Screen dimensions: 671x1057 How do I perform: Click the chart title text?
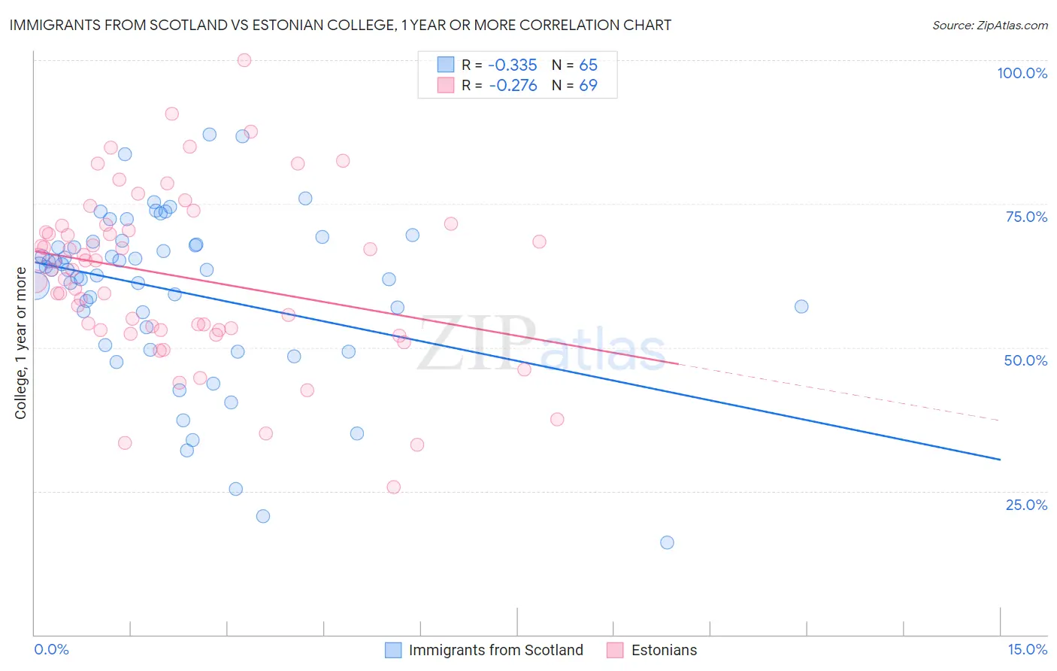coord(341,26)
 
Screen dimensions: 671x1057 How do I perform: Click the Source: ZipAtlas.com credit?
coord(989,26)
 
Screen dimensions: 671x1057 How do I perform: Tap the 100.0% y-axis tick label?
coord(1022,73)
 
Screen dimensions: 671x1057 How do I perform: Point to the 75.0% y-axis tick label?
coord(1026,217)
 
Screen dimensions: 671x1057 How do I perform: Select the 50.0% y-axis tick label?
coord(1025,360)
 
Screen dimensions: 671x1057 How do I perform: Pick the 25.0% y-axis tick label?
coord(1026,505)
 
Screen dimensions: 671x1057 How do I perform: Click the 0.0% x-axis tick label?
coord(51,649)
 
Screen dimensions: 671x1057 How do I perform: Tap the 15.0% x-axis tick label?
coord(1027,649)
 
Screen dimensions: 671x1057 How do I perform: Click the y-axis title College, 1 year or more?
coord(21,343)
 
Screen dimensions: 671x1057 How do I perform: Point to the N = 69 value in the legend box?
coord(574,86)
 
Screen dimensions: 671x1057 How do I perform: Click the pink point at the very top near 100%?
coord(244,60)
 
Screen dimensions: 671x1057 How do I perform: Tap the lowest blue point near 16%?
coord(667,542)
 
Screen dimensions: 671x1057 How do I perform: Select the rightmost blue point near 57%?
coord(801,306)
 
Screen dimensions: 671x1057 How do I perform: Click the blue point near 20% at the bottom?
coord(263,516)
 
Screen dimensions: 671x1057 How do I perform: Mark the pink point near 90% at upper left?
coord(172,114)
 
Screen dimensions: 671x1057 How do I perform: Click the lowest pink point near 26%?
coord(394,487)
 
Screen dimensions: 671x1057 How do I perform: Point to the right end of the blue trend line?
coord(1000,459)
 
